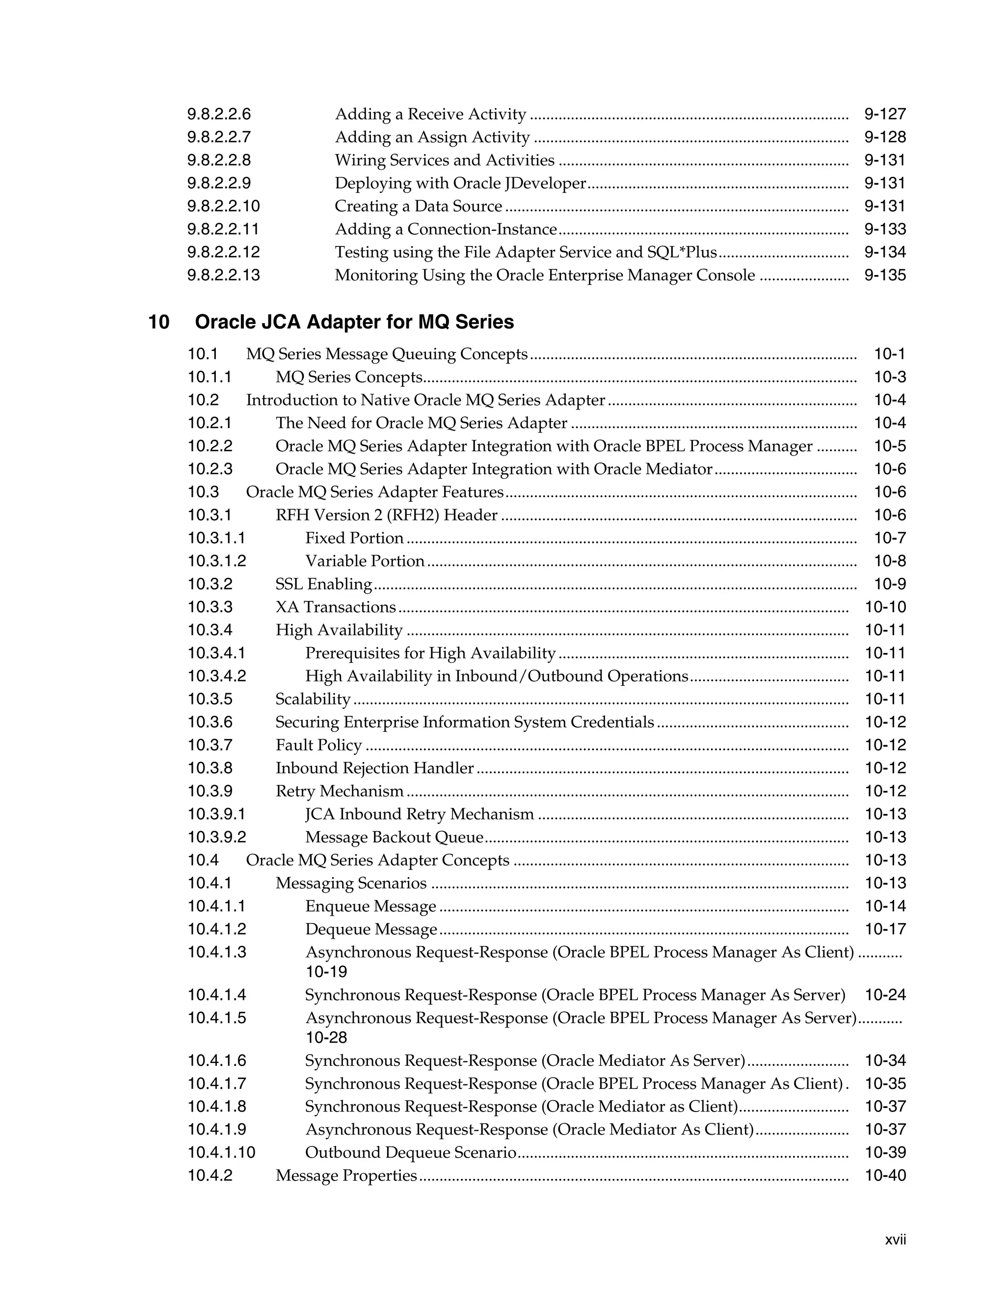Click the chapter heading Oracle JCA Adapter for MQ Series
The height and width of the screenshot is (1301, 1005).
point(354,322)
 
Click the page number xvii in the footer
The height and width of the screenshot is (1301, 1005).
point(896,1240)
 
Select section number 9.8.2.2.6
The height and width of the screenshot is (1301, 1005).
point(219,114)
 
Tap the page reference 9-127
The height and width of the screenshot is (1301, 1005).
point(885,114)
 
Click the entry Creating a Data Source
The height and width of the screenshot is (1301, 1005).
point(418,206)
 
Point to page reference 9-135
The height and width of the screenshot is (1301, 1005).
point(885,275)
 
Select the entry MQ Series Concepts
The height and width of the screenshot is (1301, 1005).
point(349,377)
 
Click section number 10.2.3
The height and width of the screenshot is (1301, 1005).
point(210,469)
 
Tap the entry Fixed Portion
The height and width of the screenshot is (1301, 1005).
point(354,538)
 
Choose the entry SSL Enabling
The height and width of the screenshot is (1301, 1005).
point(324,584)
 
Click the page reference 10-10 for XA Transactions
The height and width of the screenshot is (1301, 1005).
point(885,607)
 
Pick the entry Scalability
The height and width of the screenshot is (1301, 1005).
point(313,699)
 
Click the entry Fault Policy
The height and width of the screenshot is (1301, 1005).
point(318,745)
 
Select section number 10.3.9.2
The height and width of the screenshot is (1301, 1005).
point(217,838)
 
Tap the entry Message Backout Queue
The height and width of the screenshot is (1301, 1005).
point(394,838)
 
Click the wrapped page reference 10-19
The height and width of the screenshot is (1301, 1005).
point(326,972)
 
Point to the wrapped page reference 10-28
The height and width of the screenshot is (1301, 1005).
point(326,1038)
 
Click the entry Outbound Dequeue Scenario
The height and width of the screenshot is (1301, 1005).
point(411,1153)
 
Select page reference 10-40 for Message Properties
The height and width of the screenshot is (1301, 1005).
point(885,1176)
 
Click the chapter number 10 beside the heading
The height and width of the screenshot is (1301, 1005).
point(159,322)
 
